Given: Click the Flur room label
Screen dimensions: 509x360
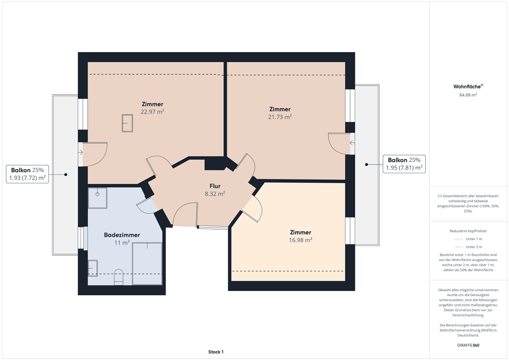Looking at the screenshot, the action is click(x=215, y=186).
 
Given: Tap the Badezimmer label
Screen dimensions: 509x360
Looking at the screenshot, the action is click(x=122, y=235).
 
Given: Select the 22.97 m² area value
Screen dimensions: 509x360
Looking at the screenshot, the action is click(x=152, y=112).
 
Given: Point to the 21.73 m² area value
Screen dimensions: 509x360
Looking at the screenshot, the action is click(x=280, y=117).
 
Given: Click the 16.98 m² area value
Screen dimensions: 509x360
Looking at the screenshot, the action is click(x=300, y=240).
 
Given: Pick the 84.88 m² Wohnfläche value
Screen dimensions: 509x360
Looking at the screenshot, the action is click(x=468, y=95).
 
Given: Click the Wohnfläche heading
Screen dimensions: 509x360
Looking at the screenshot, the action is click(x=468, y=86).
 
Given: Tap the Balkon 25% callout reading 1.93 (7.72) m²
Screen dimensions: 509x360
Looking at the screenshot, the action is click(x=27, y=174).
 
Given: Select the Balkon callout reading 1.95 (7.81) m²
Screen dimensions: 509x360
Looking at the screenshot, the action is click(x=404, y=164).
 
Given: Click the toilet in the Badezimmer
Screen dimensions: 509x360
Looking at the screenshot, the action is click(x=119, y=277).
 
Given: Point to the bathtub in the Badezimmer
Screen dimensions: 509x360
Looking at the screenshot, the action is click(x=147, y=263).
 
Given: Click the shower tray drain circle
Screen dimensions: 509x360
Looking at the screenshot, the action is click(x=97, y=194).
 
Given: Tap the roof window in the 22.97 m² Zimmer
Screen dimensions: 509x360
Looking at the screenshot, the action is click(x=127, y=123).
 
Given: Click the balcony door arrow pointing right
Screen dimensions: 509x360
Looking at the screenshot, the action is click(x=81, y=152).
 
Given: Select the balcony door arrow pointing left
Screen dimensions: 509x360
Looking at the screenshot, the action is click(x=352, y=143).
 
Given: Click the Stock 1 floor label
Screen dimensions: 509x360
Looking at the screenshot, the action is click(x=216, y=352).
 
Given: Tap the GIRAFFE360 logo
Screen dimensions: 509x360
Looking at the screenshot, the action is click(x=468, y=345).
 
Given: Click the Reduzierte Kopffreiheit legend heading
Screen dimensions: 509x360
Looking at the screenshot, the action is click(x=468, y=231).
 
